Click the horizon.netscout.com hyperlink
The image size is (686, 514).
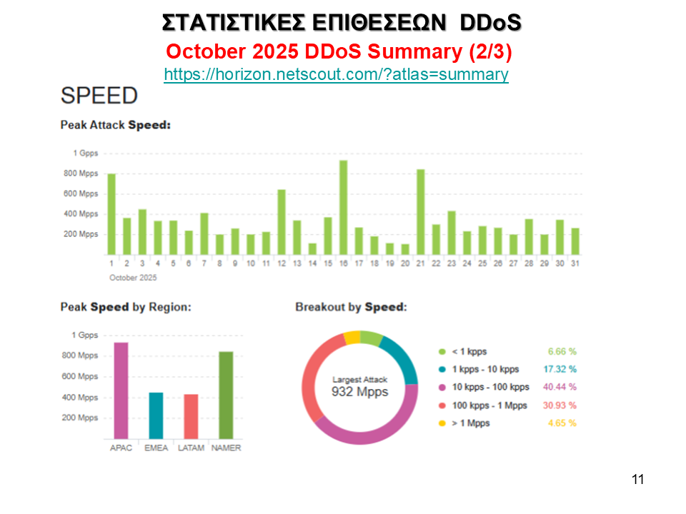336,74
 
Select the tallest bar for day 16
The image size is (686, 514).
343,207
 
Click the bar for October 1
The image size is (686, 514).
111,214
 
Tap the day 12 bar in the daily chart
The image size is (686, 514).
282,222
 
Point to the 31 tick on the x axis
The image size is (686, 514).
575,263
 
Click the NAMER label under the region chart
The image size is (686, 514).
226,448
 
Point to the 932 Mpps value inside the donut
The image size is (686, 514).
359,392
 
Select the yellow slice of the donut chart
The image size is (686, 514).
352,338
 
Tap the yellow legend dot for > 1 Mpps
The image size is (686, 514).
442,423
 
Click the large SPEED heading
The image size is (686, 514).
99,96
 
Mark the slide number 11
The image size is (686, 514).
638,479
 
